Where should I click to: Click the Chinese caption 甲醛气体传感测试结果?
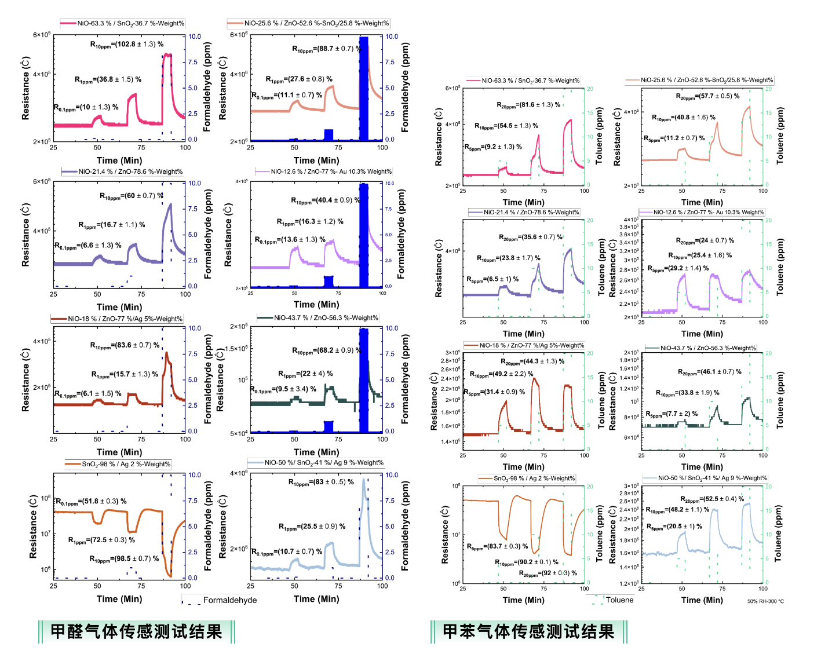(136, 631)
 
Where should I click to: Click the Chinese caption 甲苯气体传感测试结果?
(528, 631)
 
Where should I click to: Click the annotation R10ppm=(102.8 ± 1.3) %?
(127, 45)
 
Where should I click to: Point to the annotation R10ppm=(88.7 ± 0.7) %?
(326, 49)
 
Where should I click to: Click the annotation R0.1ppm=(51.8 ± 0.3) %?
(91, 502)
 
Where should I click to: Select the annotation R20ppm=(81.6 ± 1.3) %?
(528, 105)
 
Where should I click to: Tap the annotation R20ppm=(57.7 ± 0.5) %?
(707, 97)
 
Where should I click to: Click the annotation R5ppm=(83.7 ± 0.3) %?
(498, 547)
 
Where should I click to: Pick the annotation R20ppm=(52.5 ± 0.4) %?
(712, 499)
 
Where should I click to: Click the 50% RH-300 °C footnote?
(765, 601)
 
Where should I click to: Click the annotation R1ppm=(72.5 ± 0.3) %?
(101, 540)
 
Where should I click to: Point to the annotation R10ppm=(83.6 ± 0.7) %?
(125, 346)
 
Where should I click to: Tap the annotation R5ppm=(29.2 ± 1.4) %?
(678, 269)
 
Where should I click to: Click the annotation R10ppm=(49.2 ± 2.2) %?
(498, 374)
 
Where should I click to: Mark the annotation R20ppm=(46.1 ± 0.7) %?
(710, 372)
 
